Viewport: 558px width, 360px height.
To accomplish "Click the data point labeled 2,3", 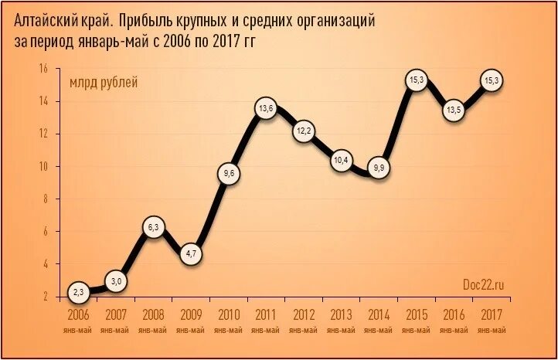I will point(78,292).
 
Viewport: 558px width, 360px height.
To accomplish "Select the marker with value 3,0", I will point(116,281).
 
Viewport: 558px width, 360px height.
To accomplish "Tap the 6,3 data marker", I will point(153,228).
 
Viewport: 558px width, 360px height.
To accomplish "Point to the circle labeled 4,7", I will point(192,253).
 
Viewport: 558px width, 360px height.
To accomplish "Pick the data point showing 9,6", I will point(229,174).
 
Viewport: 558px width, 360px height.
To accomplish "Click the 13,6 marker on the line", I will point(266,109).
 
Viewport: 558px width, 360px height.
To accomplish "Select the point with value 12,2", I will point(304,131).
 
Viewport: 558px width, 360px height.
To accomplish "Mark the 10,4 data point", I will point(341,161).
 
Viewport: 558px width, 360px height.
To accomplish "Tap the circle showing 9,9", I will point(379,168).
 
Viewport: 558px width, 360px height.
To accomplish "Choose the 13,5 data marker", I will point(454,110).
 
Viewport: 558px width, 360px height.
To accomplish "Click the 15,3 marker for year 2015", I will point(417,80).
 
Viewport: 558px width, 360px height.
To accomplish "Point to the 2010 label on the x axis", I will point(229,315).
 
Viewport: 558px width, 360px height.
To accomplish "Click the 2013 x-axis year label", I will point(341,315).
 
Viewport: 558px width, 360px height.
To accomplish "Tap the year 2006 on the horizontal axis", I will point(78,315).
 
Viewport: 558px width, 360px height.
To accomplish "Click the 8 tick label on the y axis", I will point(45,199).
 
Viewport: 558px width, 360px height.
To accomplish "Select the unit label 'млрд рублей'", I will point(104,83).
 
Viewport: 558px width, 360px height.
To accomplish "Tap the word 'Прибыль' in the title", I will point(144,21).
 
